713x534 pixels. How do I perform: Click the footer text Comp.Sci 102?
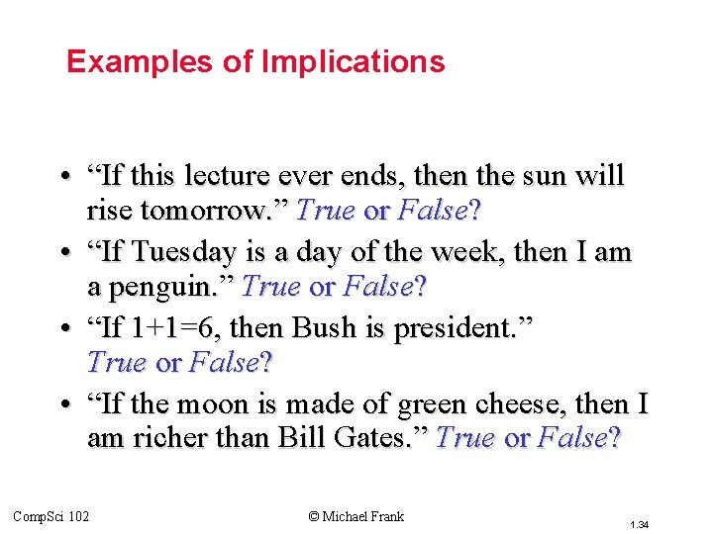(x=51, y=515)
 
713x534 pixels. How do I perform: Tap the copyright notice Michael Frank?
(x=356, y=515)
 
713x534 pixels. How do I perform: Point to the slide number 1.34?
(x=639, y=524)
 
